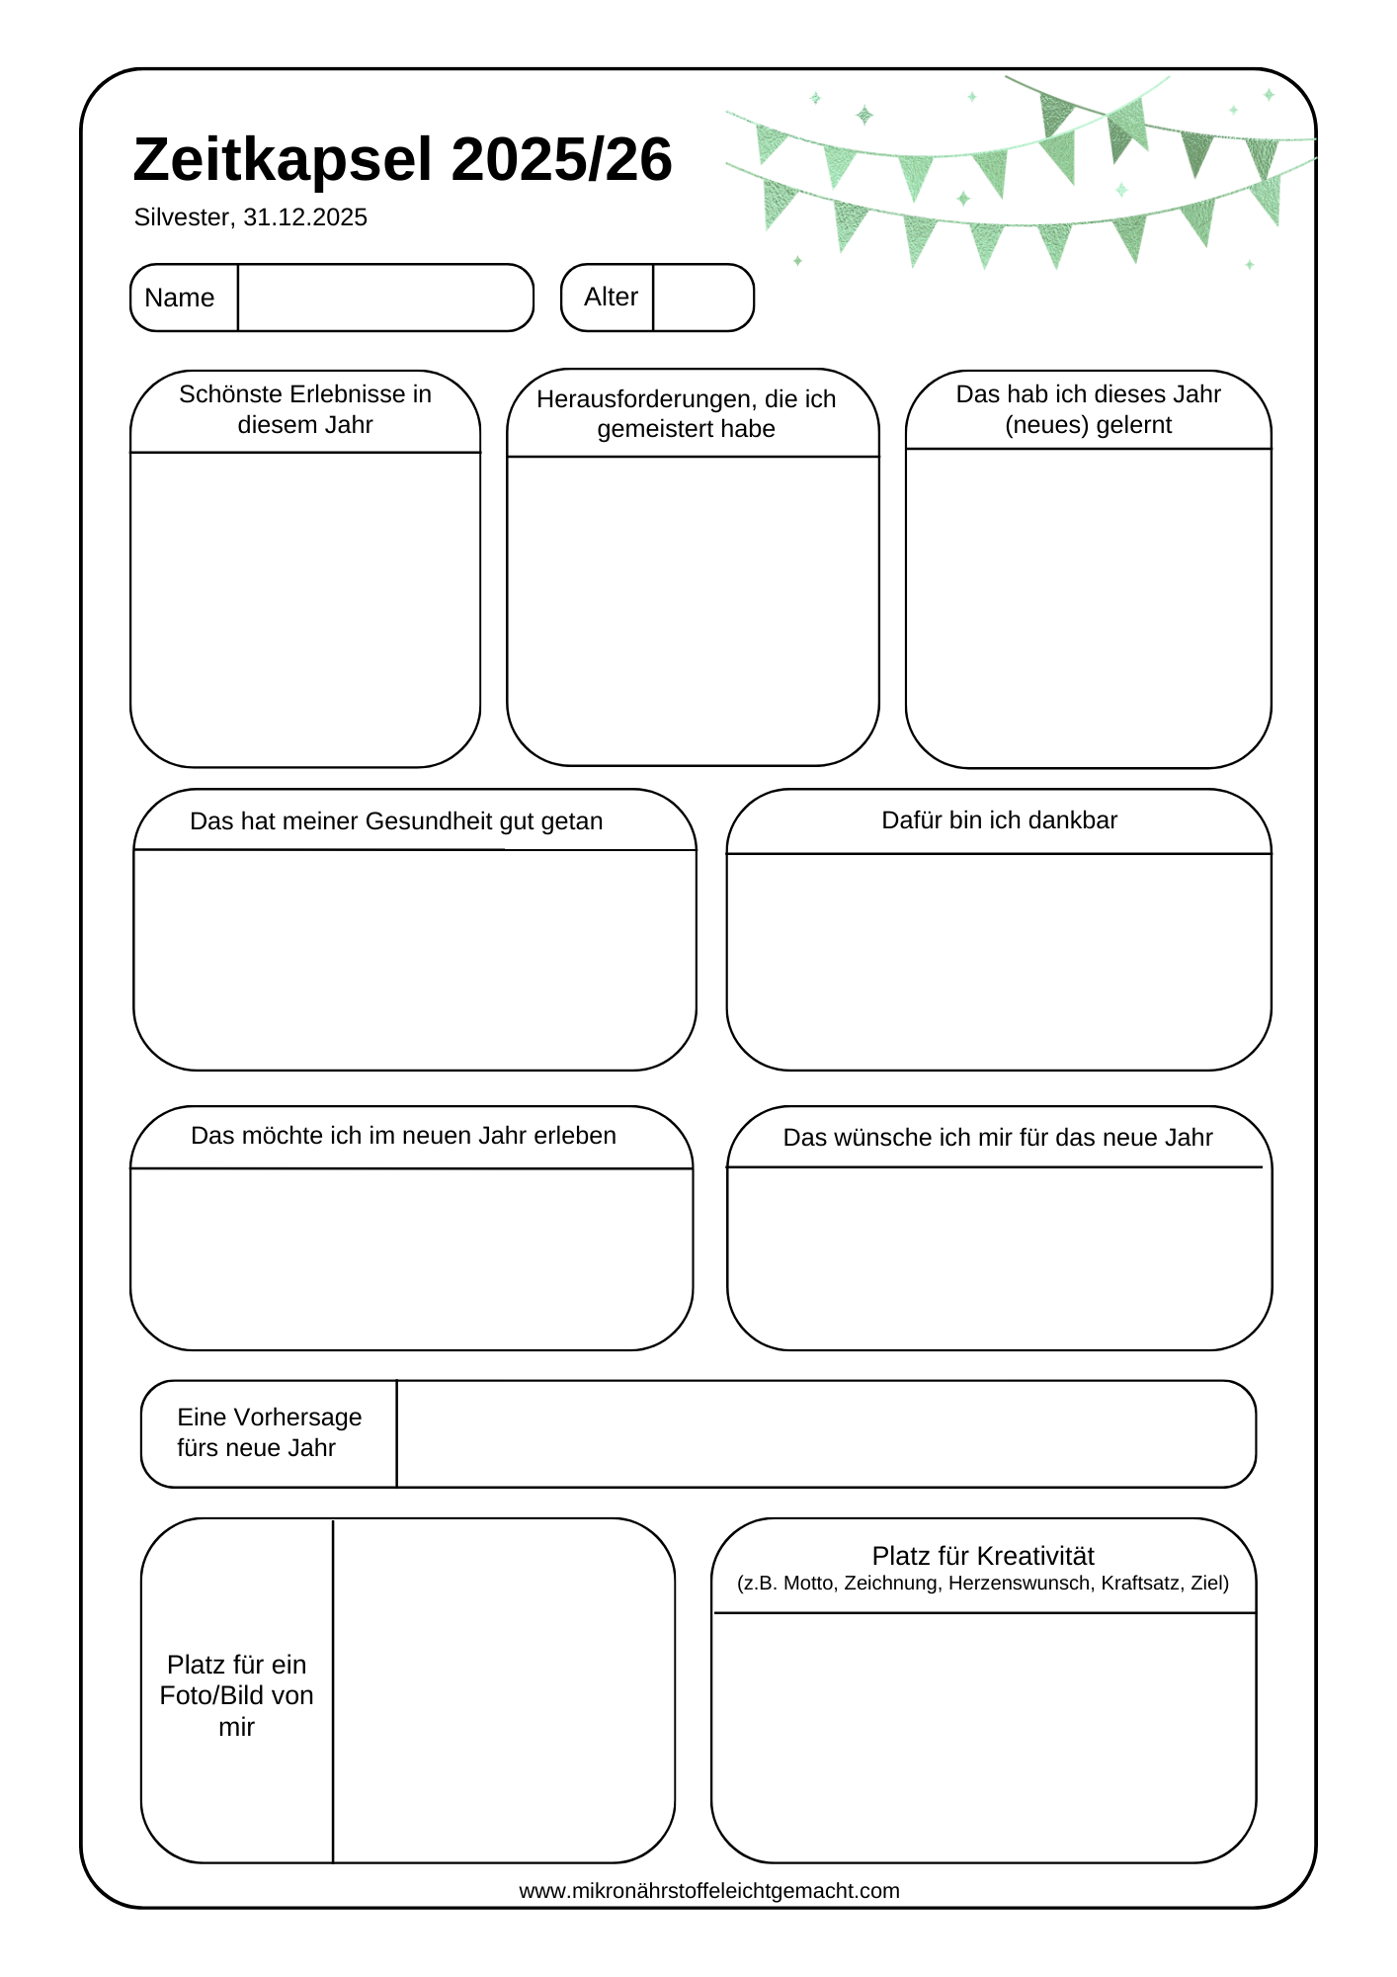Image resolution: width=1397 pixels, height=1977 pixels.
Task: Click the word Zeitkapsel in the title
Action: (x=283, y=160)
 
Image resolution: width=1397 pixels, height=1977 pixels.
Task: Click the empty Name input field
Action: (x=384, y=298)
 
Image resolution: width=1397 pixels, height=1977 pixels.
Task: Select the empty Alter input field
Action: (x=702, y=298)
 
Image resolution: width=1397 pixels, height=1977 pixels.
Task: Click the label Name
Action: (x=179, y=298)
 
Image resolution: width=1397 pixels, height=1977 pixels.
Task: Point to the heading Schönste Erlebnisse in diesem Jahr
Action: (x=305, y=409)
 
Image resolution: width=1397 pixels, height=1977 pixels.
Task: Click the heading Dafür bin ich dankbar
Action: (x=999, y=820)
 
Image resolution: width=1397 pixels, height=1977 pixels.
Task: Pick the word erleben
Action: (x=574, y=1136)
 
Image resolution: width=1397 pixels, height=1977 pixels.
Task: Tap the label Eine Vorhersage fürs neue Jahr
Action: (x=269, y=1432)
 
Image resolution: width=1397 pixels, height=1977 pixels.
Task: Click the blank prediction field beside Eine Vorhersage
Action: (x=825, y=1433)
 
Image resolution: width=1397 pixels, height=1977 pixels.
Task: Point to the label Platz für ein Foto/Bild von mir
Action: (x=237, y=1695)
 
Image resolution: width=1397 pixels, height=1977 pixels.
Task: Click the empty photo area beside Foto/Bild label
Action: (x=503, y=1690)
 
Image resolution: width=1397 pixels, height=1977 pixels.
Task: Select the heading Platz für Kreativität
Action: (x=983, y=1556)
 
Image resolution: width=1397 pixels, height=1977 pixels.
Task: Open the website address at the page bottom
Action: (x=709, y=1891)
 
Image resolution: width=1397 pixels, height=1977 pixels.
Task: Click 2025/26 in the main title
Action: (x=561, y=160)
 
